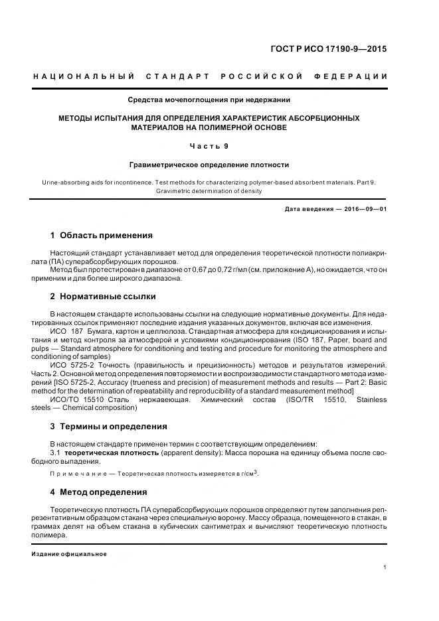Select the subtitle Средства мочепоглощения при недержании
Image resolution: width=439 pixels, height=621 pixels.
point(209,100)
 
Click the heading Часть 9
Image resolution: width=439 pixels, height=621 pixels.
point(209,145)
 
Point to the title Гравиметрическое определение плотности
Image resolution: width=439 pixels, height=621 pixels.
point(209,164)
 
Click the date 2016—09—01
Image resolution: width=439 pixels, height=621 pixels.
point(364,208)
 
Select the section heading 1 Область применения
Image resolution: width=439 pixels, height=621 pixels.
point(102,235)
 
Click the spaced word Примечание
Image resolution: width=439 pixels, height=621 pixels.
point(75,473)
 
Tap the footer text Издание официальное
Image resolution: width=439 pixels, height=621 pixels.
point(69,553)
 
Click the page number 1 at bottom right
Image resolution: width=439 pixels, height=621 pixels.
point(385,567)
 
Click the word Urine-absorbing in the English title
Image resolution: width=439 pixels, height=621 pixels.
point(75,181)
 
